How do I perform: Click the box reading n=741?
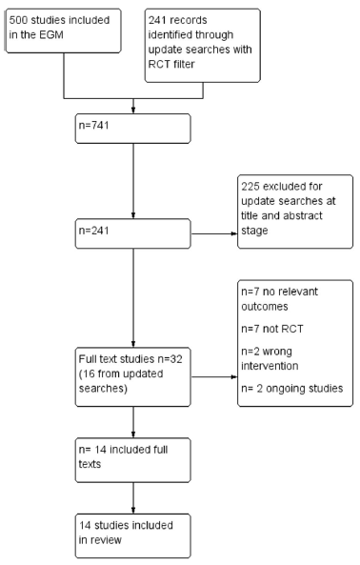(x=132, y=129)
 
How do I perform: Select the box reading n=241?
(x=132, y=233)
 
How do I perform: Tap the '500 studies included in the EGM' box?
(x=64, y=31)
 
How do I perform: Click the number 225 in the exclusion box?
(x=250, y=187)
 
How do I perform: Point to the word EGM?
(x=51, y=35)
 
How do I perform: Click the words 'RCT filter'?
(x=171, y=64)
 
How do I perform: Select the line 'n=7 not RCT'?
(x=272, y=329)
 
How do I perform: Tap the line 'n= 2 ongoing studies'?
(x=292, y=389)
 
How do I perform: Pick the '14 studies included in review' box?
(x=132, y=536)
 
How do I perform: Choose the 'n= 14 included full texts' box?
(x=132, y=460)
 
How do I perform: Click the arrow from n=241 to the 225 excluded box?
(x=214, y=233)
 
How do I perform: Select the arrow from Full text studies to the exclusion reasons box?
(x=214, y=377)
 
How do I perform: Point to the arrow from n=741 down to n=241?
(x=133, y=181)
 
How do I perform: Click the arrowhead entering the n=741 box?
(x=133, y=111)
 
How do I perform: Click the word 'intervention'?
(x=270, y=366)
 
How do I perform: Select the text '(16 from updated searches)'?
(x=121, y=381)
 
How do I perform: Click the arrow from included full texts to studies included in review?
(x=133, y=498)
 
